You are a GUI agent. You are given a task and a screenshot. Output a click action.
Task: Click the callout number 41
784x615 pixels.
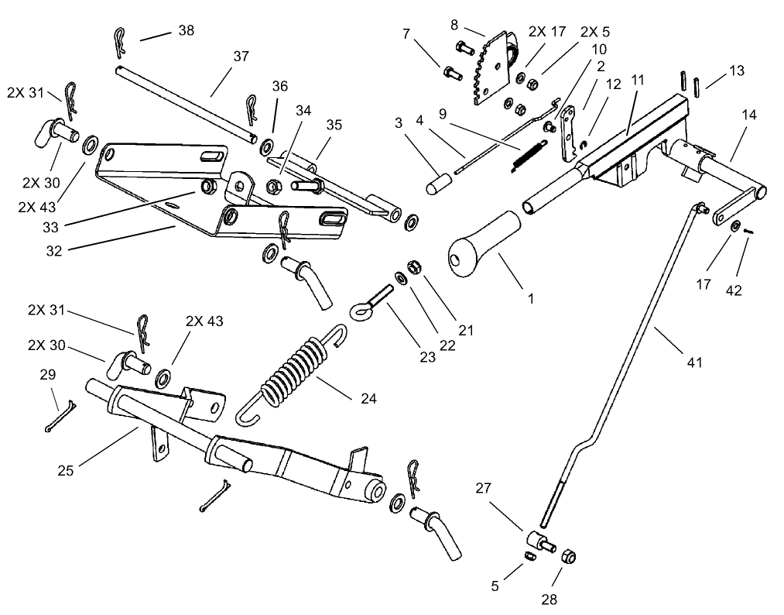tap(694, 362)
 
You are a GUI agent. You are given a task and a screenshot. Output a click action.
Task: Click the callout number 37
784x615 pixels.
tap(241, 57)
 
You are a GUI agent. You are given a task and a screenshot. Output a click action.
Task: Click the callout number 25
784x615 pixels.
tap(66, 470)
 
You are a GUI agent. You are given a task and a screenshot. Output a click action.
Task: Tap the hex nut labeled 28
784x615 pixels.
tap(567, 557)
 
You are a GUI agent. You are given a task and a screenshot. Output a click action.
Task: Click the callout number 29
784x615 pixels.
tap(48, 375)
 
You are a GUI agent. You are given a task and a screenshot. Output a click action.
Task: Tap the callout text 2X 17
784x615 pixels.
tap(546, 32)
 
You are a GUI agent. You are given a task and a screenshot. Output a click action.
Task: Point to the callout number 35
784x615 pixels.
tap(334, 125)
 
